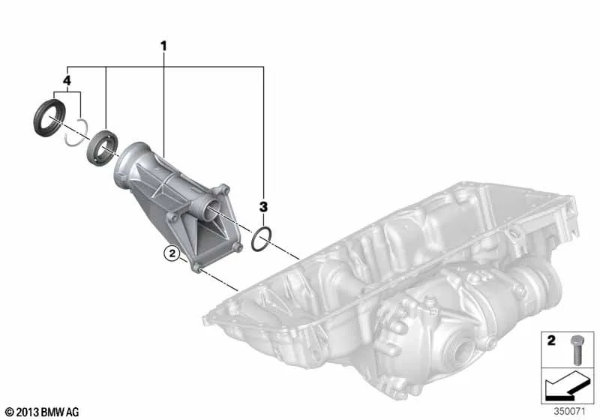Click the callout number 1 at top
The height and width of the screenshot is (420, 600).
coord(163,46)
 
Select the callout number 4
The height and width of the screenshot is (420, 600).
coord(67,81)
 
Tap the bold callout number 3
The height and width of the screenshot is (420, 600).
coord(263,207)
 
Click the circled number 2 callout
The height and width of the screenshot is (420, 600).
coord(172,253)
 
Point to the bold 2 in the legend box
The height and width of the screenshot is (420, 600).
coord(551,340)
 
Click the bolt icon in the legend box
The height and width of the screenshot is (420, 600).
coord(577,349)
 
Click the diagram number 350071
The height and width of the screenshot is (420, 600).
coord(570,412)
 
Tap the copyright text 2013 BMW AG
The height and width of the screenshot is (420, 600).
coord(43,412)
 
